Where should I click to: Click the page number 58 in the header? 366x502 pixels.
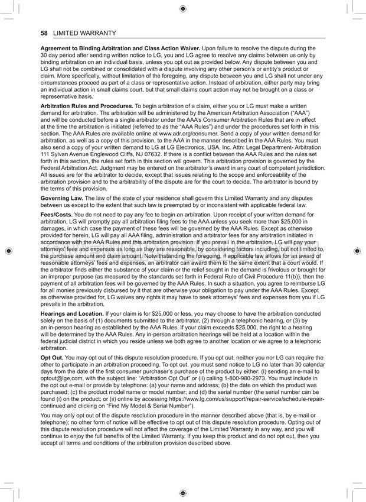[x=44, y=33]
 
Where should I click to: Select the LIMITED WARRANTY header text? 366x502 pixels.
[x=84, y=33]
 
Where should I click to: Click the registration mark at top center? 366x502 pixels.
[x=182, y=8]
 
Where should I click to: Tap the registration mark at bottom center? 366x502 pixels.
[x=182, y=493]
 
